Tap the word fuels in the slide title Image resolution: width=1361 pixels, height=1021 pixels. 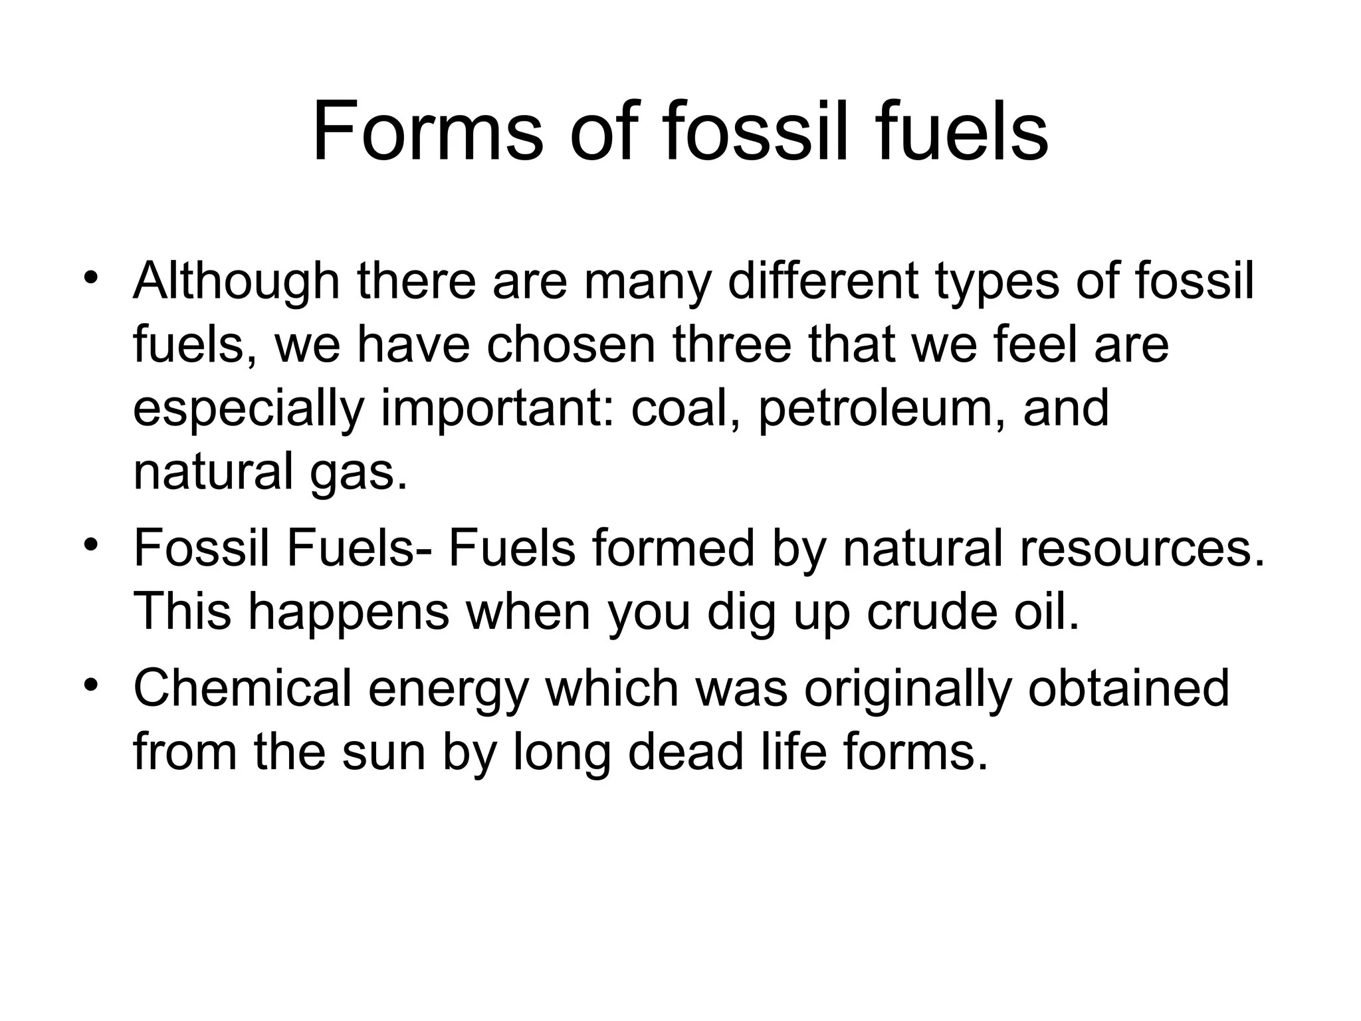960,131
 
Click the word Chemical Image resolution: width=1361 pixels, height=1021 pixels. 242,688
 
